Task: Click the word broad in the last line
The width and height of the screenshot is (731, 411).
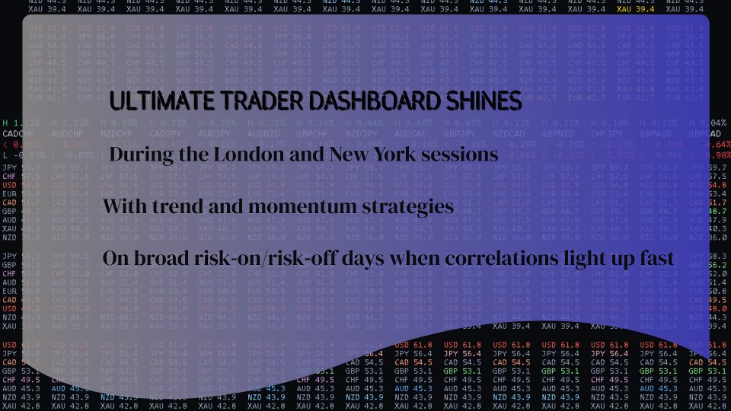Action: tap(163, 260)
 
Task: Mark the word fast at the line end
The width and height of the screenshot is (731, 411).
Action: tap(656, 260)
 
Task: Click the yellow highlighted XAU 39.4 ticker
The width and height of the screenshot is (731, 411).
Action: tap(635, 9)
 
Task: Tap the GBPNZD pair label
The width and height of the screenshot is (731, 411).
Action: tap(559, 132)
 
